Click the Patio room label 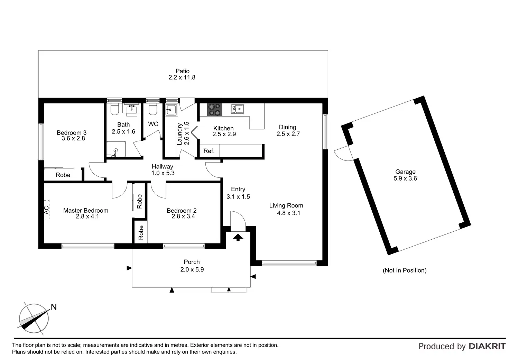(182, 71)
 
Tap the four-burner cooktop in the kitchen (214, 110)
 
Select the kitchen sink (237, 109)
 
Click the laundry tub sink (171, 110)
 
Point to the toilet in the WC (153, 110)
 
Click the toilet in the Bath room (114, 110)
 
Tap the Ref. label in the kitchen (209, 151)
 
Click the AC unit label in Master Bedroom (46, 210)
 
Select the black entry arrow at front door (238, 237)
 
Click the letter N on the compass (54, 307)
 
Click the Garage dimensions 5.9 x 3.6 (405, 178)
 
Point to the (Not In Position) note (405, 270)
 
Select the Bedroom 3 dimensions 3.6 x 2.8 (73, 139)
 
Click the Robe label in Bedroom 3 (63, 175)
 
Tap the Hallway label (162, 167)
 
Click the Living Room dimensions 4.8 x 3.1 (289, 213)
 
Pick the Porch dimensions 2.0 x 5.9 (192, 269)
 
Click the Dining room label (287, 127)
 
